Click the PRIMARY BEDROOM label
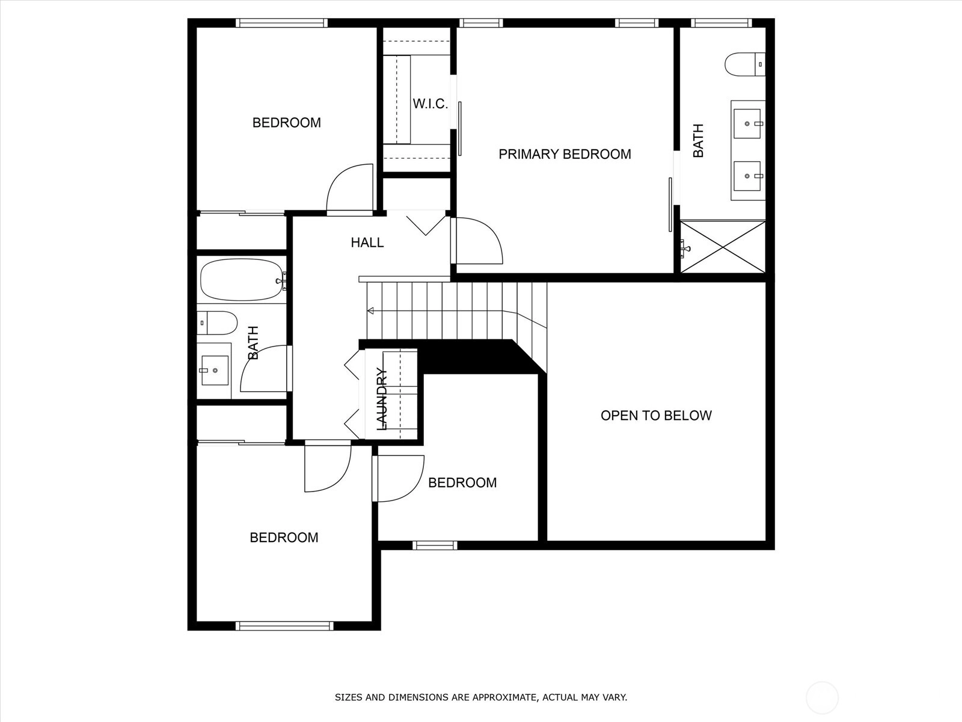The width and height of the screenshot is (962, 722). tap(565, 154)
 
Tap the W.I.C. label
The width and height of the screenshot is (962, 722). tap(430, 104)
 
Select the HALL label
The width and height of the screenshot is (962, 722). tap(367, 242)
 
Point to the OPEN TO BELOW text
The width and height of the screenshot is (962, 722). tap(656, 416)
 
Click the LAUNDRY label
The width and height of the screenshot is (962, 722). tap(382, 399)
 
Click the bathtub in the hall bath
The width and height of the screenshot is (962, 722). tap(242, 279)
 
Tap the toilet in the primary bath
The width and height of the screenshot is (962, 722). tap(745, 64)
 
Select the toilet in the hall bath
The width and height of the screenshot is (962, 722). tap(217, 322)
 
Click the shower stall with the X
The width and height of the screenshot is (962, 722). tap(723, 247)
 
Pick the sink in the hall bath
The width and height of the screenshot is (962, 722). tap(215, 371)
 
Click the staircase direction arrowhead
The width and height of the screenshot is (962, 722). tap(370, 311)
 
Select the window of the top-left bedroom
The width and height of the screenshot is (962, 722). tap(282, 23)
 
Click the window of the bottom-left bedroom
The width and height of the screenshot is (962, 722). tap(284, 626)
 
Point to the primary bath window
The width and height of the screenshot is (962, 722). tap(721, 23)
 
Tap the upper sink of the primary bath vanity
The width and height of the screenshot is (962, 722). tap(747, 123)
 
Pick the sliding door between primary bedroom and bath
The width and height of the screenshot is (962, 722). tap(670, 205)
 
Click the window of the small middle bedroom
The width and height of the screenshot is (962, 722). tap(435, 545)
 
